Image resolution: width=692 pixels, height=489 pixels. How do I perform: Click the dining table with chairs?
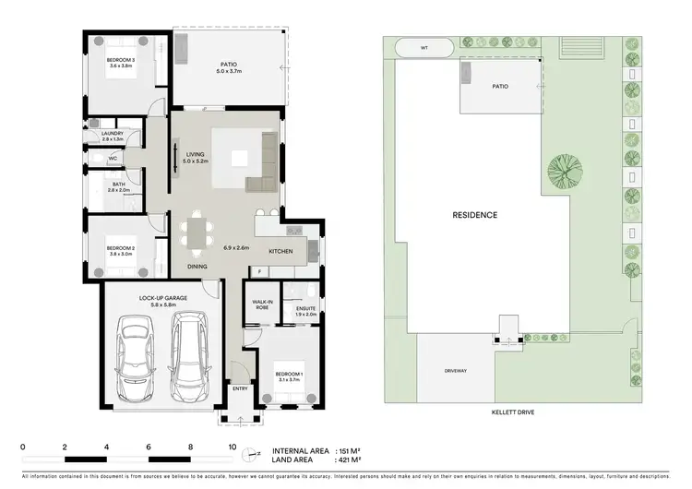click(196, 231)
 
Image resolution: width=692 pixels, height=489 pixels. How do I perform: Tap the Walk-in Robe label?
click(260, 304)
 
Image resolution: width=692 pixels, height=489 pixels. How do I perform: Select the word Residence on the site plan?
click(474, 215)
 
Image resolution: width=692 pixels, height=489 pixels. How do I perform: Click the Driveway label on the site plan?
click(455, 371)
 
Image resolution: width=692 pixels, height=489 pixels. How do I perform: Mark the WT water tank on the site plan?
click(424, 47)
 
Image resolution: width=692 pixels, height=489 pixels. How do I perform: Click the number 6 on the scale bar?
click(149, 446)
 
